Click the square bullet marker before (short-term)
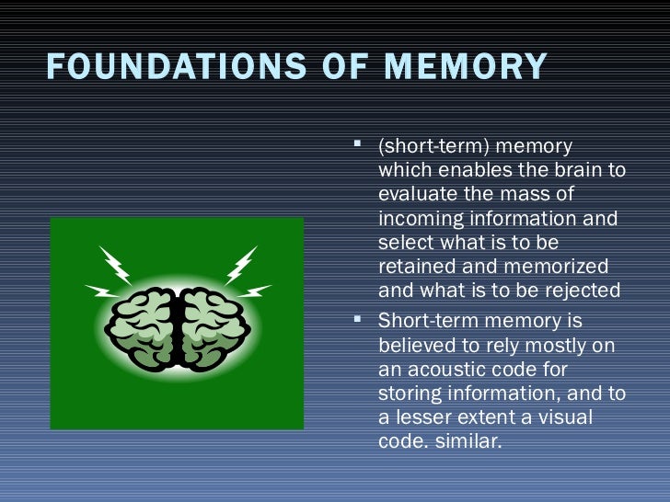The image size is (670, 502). pos(360,144)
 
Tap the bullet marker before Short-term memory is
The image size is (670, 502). pos(360,321)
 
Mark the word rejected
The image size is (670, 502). pos(581,291)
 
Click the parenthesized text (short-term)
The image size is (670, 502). pos(428,147)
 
